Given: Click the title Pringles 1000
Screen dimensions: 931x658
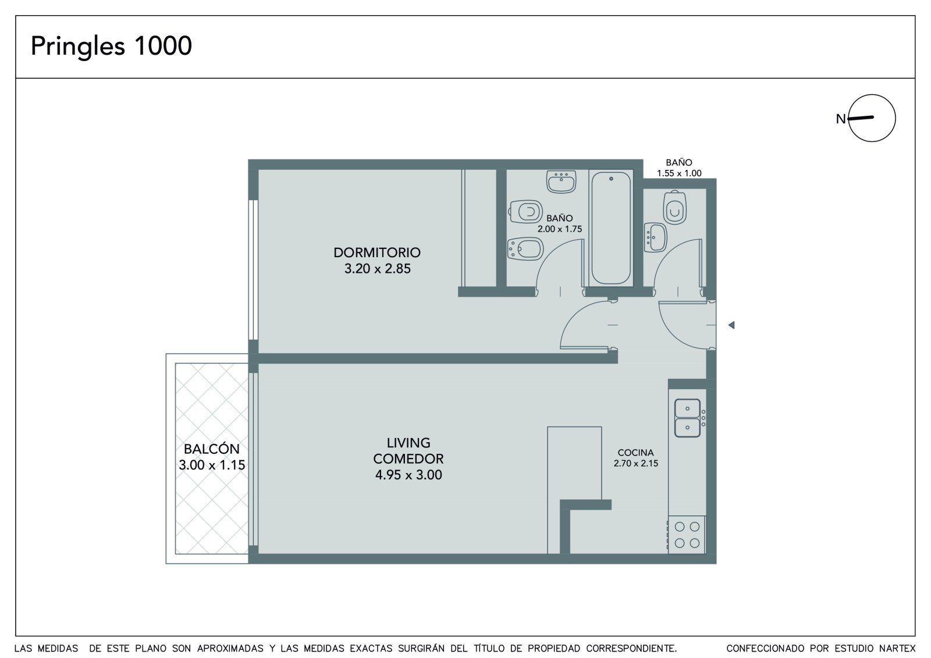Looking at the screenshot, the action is pyautogui.click(x=111, y=46).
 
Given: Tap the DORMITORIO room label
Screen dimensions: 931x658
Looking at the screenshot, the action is pyautogui.click(x=378, y=252).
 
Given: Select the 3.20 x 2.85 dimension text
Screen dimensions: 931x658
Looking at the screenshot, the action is pyautogui.click(x=378, y=269).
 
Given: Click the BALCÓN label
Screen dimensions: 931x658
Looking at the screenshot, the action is pyautogui.click(x=212, y=449).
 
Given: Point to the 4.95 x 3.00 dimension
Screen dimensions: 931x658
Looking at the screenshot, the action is pyautogui.click(x=408, y=475).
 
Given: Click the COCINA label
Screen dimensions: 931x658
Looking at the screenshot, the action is pyautogui.click(x=635, y=453).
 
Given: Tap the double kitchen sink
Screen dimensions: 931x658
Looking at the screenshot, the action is pyautogui.click(x=687, y=418).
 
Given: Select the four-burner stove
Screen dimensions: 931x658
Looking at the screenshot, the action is pyautogui.click(x=687, y=535).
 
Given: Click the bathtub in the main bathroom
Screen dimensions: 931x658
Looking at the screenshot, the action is pyautogui.click(x=611, y=228).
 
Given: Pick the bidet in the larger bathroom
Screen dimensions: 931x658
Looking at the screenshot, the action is pyautogui.click(x=525, y=249).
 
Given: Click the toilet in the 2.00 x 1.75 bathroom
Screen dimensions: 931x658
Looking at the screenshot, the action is pyautogui.click(x=526, y=212).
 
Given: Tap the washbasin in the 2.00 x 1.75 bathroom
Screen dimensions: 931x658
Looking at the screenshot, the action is pyautogui.click(x=561, y=182).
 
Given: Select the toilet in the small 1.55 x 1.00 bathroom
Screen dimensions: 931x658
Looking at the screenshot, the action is pyautogui.click(x=674, y=208).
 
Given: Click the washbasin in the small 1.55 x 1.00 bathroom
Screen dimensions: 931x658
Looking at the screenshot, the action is pyautogui.click(x=655, y=237).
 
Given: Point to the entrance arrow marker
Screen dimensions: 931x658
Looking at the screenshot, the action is pyautogui.click(x=731, y=325).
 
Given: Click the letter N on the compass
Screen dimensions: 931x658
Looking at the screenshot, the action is pyautogui.click(x=841, y=119).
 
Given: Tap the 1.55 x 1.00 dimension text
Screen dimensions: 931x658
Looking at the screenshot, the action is pyautogui.click(x=679, y=173).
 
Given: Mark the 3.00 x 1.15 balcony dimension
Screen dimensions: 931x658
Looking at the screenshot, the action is pyautogui.click(x=212, y=465).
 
